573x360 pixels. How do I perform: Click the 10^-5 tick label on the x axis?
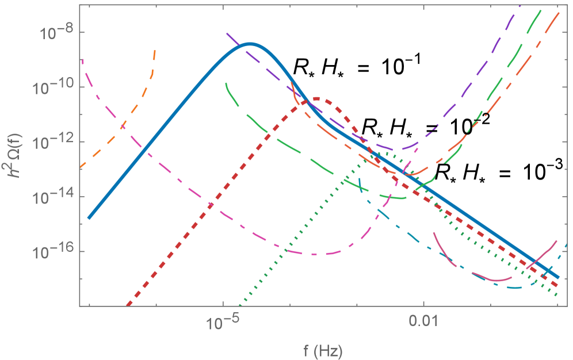point(222,324)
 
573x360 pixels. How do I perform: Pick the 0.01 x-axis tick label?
point(423,324)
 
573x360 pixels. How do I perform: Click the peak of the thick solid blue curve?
point(250,44)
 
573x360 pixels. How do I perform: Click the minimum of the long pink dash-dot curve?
point(314,254)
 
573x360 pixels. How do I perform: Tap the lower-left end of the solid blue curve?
point(89,218)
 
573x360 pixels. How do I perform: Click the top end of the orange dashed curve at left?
point(155,51)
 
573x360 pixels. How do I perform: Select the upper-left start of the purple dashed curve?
point(227,33)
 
